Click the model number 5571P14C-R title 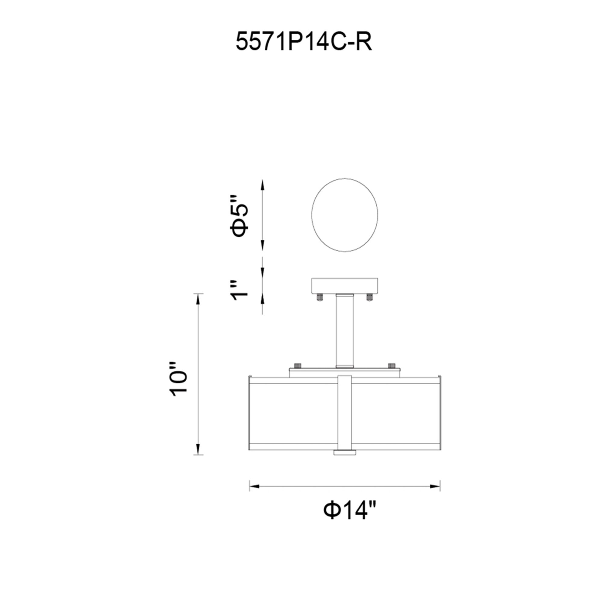click(303, 42)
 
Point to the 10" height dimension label click(178, 382)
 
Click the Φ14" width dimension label click(350, 511)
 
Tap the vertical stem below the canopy click(345, 331)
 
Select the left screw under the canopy click(320, 297)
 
